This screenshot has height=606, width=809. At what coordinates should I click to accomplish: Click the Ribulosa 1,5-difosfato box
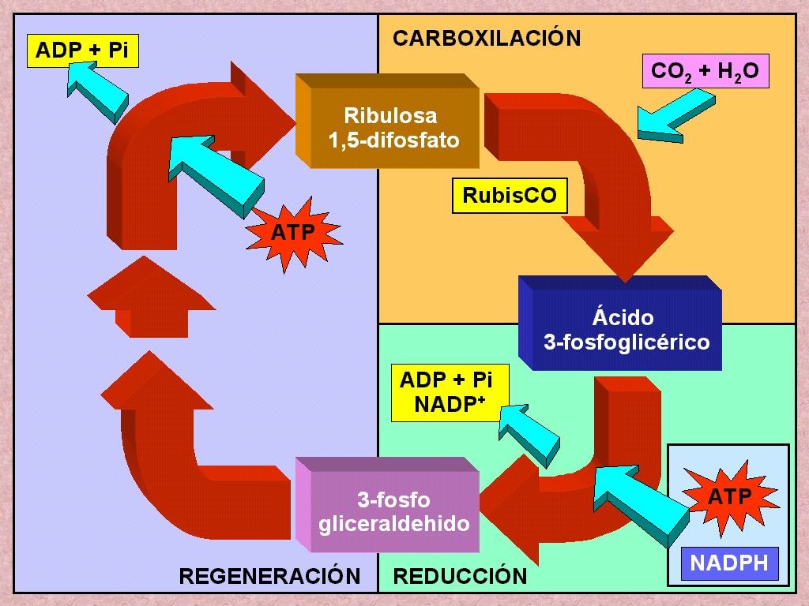click(x=387, y=122)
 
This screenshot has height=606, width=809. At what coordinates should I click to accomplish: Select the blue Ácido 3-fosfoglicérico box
click(x=620, y=323)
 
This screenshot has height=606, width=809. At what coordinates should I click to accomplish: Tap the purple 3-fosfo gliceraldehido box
click(x=387, y=505)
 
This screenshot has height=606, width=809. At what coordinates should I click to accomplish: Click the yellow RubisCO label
click(x=510, y=196)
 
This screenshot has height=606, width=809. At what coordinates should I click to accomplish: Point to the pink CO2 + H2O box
click(x=706, y=71)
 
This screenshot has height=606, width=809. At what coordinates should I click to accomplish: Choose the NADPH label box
click(x=729, y=563)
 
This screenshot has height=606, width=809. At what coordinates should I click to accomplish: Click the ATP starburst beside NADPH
click(x=729, y=497)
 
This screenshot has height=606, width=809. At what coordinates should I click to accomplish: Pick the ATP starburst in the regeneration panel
click(x=293, y=233)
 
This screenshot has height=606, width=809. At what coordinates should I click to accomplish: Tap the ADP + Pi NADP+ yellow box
click(x=450, y=393)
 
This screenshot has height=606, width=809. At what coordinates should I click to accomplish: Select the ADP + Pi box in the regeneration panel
click(x=82, y=50)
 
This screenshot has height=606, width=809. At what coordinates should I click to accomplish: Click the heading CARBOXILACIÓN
click(x=487, y=38)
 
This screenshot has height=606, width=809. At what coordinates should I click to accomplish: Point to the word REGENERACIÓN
click(x=269, y=575)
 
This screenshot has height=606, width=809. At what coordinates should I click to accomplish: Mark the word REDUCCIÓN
click(x=461, y=575)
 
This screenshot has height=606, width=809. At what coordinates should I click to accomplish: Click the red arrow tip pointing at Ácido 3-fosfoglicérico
click(x=625, y=282)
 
